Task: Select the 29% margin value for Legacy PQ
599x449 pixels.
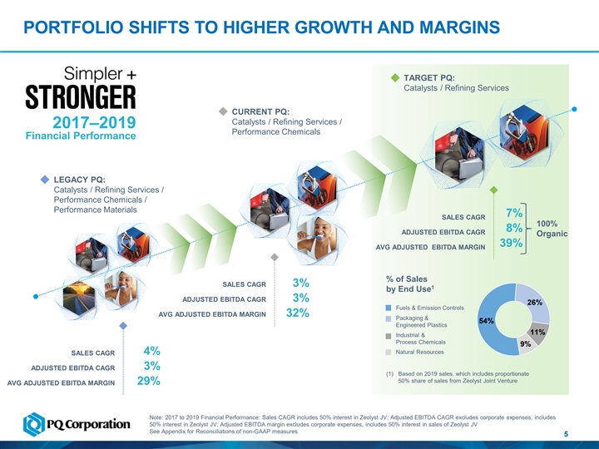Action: point(149,382)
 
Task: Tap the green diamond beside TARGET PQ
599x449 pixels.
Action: point(395,78)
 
